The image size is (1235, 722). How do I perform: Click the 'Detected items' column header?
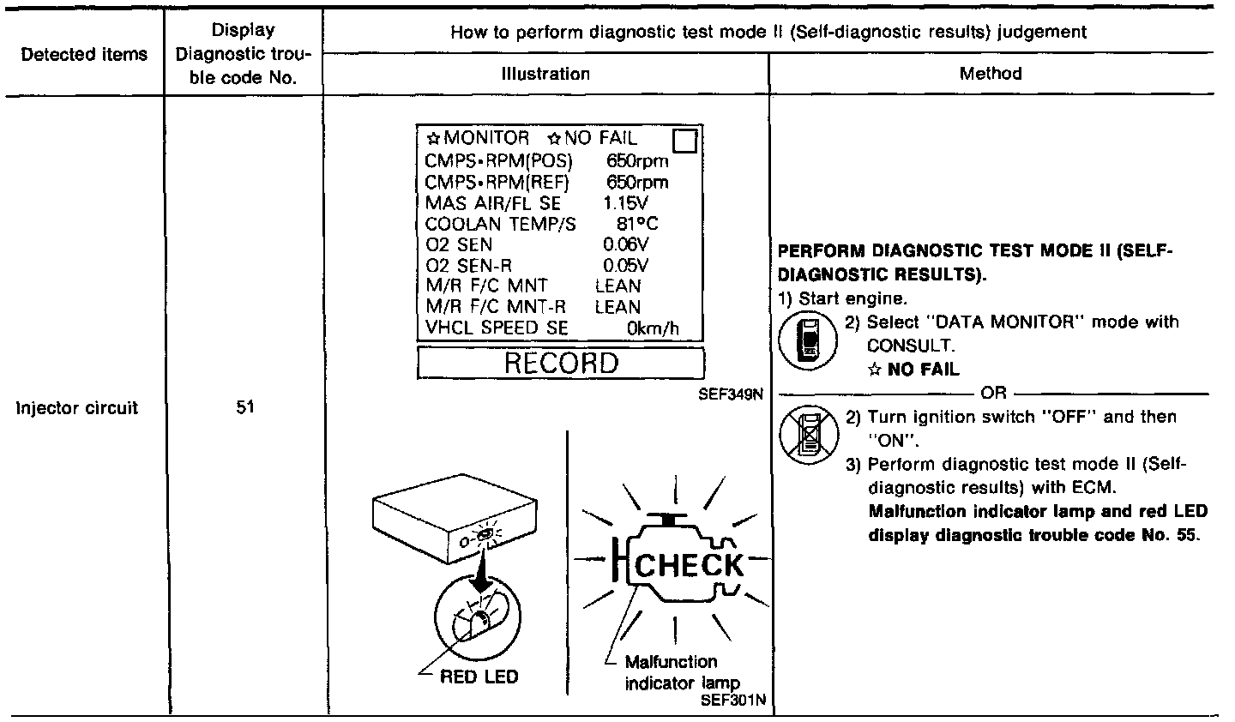click(83, 55)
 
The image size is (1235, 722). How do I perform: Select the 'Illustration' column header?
click(545, 74)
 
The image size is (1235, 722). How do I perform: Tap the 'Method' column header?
click(991, 74)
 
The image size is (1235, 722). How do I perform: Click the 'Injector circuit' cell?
click(77, 408)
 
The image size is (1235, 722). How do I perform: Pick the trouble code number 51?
click(244, 408)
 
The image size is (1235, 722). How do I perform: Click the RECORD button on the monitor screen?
click(560, 363)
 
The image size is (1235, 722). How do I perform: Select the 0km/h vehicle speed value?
click(654, 328)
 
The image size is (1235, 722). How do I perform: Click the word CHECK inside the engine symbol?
click(689, 565)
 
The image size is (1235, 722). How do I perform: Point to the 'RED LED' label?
click(479, 677)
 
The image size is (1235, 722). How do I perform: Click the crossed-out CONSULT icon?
click(807, 430)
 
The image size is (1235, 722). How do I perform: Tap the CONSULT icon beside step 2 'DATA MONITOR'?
click(807, 338)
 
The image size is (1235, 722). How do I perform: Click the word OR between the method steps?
click(994, 394)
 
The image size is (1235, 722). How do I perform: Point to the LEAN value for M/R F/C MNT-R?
click(617, 306)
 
